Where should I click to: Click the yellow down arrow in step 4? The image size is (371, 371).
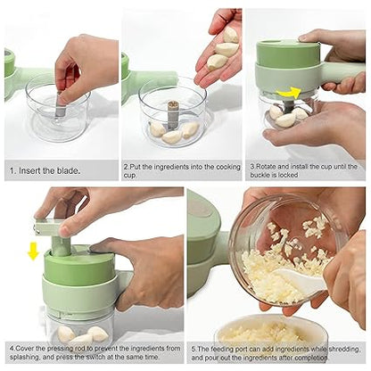(x=33, y=251)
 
